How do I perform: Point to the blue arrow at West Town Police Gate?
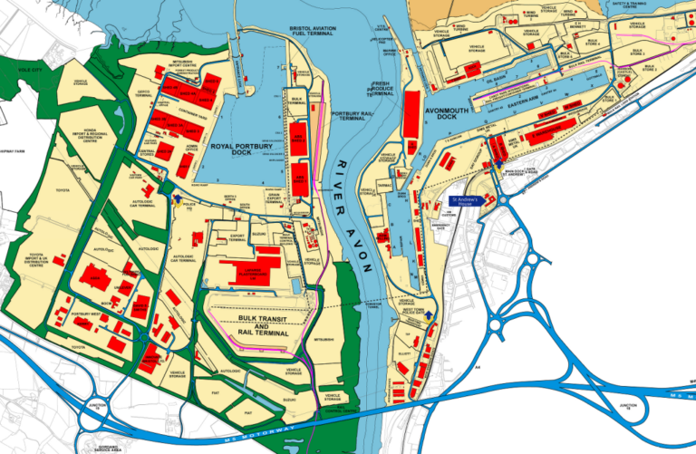430,316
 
